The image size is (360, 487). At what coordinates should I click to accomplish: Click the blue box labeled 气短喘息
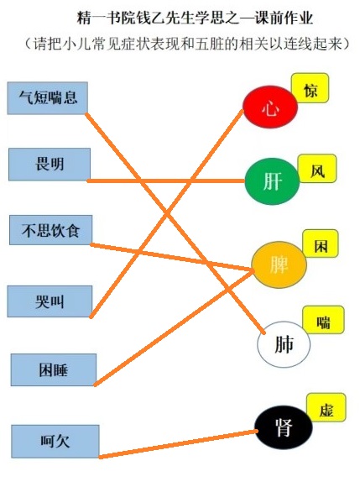[48, 98]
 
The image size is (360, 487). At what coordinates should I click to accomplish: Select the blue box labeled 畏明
[50, 165]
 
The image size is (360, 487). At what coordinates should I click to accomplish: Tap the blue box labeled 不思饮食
[50, 230]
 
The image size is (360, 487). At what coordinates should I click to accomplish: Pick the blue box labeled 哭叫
[50, 301]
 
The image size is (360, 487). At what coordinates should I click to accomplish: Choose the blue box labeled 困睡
[54, 370]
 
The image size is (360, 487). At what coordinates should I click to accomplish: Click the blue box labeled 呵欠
[55, 442]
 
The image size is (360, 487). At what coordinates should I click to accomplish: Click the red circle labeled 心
[270, 107]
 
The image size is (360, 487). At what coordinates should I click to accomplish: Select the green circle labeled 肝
[273, 181]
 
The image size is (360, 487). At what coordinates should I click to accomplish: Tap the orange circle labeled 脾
[279, 264]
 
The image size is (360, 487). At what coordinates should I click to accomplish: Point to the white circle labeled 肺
[284, 344]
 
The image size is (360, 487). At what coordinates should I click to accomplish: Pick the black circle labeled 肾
[284, 427]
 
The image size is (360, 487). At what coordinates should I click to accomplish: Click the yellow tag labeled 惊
[310, 88]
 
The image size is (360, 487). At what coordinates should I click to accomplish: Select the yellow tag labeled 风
[317, 169]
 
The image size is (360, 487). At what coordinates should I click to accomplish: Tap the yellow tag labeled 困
[321, 243]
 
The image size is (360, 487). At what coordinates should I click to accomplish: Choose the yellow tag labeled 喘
[323, 320]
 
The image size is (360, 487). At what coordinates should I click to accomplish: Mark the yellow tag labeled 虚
[326, 407]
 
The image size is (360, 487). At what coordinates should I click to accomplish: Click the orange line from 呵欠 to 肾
[179, 444]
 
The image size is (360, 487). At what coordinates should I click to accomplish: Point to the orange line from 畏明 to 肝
[166, 181]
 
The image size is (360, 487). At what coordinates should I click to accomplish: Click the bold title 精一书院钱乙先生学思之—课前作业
[195, 18]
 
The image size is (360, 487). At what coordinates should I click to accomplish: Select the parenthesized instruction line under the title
[187, 45]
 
